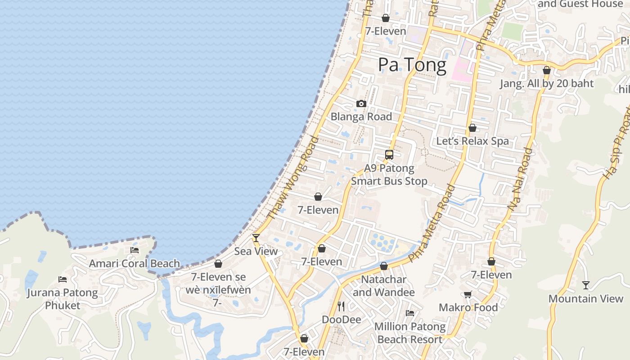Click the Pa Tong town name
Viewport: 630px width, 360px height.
coord(412,65)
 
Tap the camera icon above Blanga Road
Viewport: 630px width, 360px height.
coord(361,104)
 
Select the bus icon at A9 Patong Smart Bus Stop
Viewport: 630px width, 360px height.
coord(389,155)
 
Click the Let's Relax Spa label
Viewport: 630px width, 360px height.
coord(472,141)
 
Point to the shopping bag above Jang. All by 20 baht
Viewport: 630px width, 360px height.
coord(547,70)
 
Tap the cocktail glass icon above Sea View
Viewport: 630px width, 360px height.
coord(256,238)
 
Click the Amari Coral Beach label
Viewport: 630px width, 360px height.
coord(135,264)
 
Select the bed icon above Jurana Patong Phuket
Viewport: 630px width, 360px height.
coord(63,279)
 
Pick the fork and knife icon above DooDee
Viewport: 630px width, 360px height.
coord(341,306)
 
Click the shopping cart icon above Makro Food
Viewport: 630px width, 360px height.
coord(468,294)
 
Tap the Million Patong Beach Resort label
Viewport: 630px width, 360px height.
coord(410,333)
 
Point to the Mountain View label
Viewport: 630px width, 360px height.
coord(586,299)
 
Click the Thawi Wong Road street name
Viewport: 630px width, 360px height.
coord(293,178)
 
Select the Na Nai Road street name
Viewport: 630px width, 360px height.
coord(520,179)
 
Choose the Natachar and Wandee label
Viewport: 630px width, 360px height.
coord(383,286)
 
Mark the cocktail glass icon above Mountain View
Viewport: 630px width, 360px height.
coord(586,285)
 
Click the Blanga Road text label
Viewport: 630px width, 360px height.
coord(361,117)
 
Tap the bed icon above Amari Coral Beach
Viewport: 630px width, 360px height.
coord(135,250)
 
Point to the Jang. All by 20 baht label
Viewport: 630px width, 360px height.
coord(547,83)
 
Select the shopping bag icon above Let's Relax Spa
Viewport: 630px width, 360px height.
coord(472,128)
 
